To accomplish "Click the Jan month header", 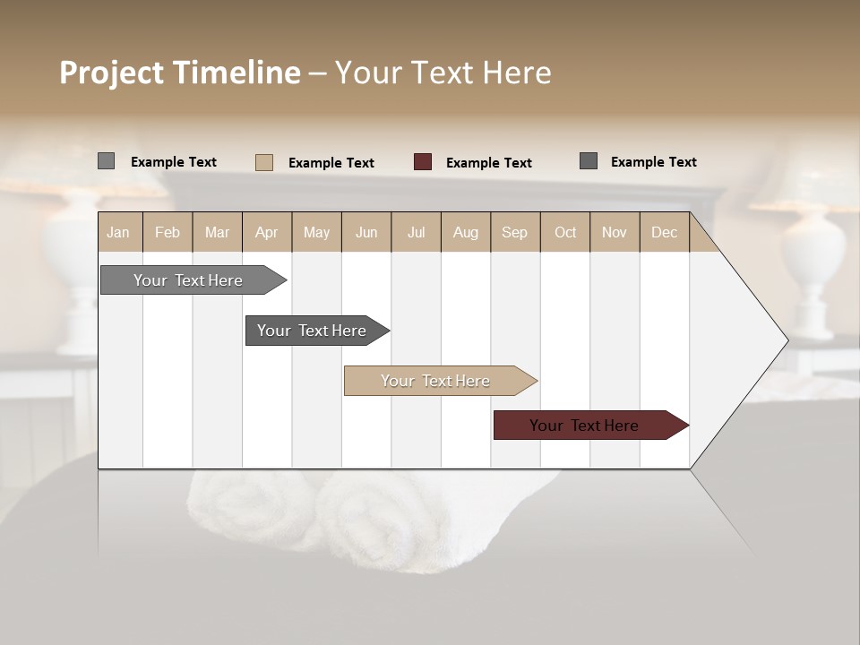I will (x=119, y=233).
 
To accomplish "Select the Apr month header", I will (x=267, y=233).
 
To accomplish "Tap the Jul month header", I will (x=416, y=233).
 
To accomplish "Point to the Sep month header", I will (x=515, y=233).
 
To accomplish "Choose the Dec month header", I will (x=664, y=233).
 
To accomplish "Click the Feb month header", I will (x=168, y=233).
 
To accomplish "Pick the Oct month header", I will (x=565, y=233).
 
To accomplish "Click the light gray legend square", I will (x=107, y=161).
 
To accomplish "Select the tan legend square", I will (x=264, y=162).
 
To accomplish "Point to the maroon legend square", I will (x=423, y=162).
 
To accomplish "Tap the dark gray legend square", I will (x=589, y=161).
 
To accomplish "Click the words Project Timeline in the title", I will (x=180, y=73).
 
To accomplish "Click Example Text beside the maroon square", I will (x=489, y=163).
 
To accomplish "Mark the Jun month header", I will (x=366, y=233).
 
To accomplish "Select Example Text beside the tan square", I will (x=331, y=163).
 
